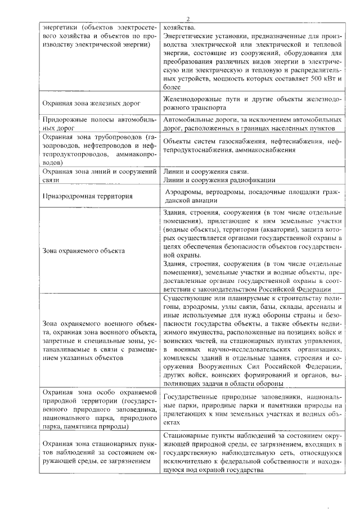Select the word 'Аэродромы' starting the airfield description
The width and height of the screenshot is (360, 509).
pyautogui.click(x=182, y=192)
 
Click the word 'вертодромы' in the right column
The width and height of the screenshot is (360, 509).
pyautogui.click(x=223, y=192)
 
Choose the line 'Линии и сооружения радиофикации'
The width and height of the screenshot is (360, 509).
pyautogui.click(x=218, y=179)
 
